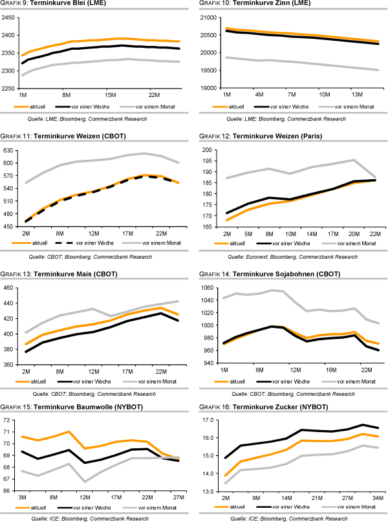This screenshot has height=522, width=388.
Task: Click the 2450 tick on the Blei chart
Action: [x=10, y=18]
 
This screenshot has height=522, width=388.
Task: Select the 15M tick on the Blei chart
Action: [x=110, y=93]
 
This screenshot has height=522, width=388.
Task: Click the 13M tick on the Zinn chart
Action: [x=358, y=93]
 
